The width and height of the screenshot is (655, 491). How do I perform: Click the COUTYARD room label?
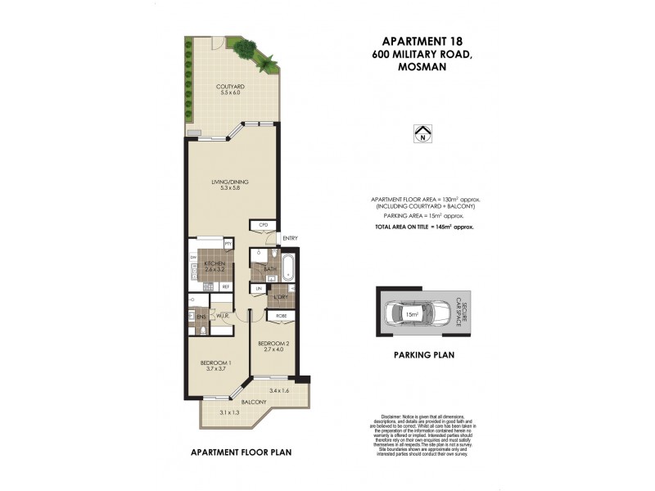pyautogui.click(x=230, y=86)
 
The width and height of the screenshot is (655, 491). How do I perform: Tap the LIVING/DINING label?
pyautogui.click(x=230, y=182)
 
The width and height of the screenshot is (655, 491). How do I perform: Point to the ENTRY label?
pyautogui.click(x=289, y=238)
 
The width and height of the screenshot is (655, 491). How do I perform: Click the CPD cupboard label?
pyautogui.click(x=264, y=224)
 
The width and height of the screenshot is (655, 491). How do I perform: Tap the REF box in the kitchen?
pyautogui.click(x=225, y=286)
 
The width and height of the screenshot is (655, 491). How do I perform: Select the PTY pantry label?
pyautogui.click(x=228, y=244)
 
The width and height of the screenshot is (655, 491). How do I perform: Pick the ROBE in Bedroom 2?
pyautogui.click(x=280, y=315)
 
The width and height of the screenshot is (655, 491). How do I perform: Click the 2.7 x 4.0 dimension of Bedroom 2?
pyautogui.click(x=271, y=349)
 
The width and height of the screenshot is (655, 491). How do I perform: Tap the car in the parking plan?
pyautogui.click(x=417, y=313)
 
